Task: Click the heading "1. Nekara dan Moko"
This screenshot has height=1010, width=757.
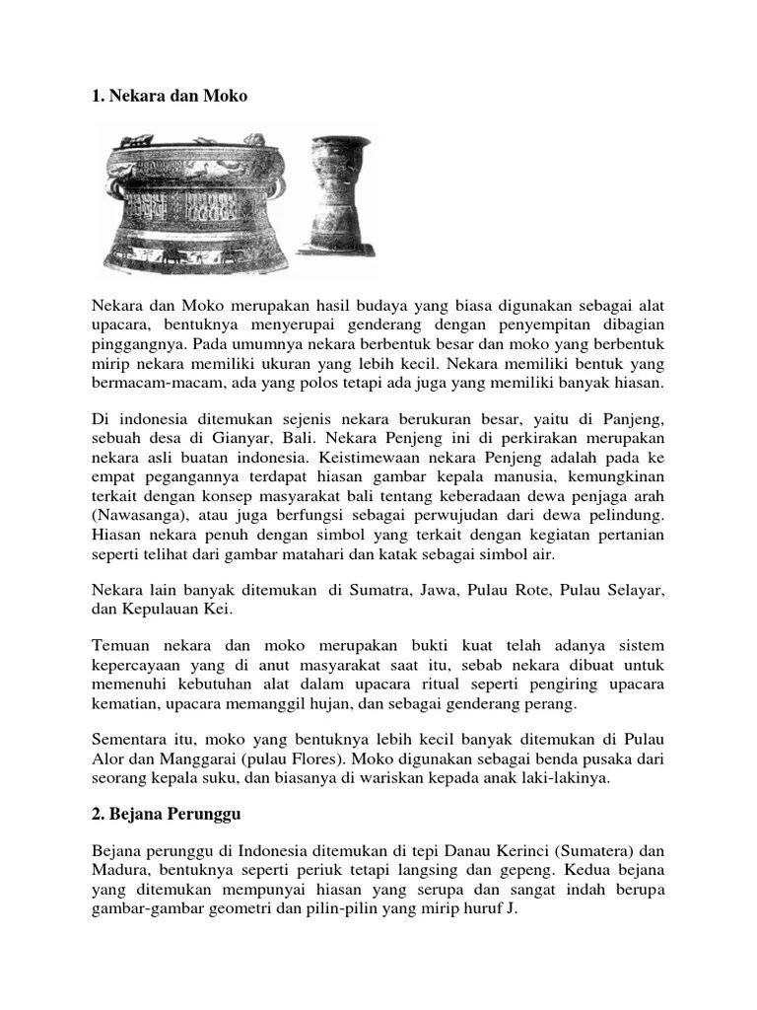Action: coord(170,96)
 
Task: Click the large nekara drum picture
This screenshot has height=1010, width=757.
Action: coord(198,202)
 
